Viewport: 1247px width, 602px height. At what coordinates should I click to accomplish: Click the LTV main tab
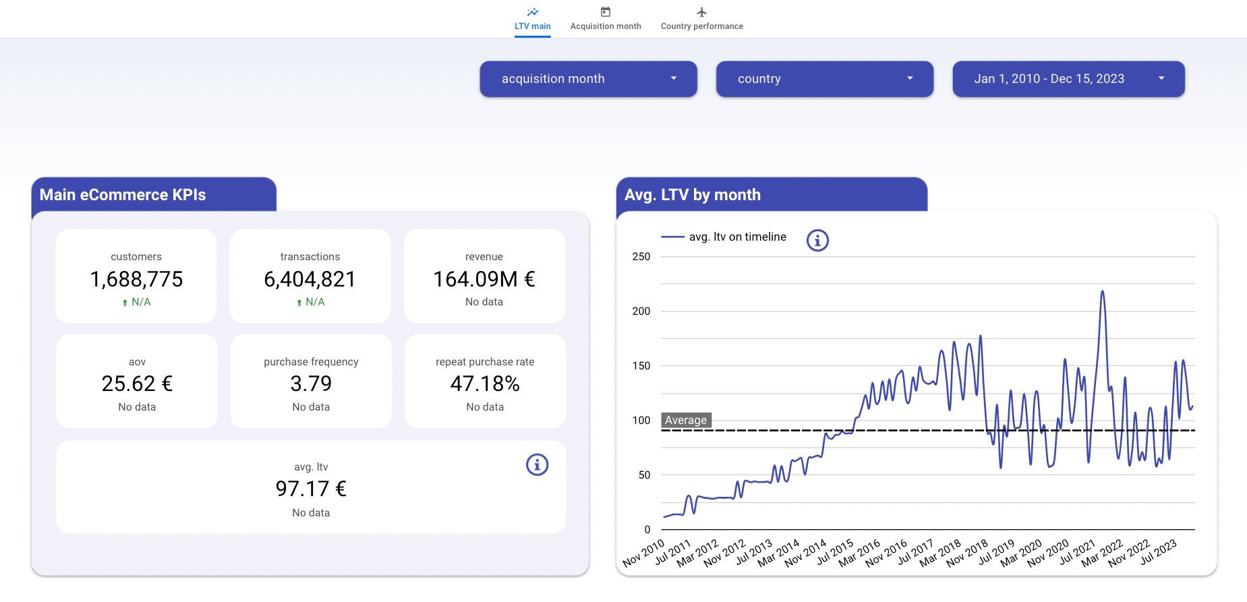point(532,19)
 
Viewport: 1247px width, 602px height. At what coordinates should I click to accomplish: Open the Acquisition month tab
point(605,19)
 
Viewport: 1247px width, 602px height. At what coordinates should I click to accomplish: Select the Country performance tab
point(701,19)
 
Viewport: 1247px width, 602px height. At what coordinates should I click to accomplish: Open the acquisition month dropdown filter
point(588,79)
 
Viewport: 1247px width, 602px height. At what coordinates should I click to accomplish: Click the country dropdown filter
point(824,79)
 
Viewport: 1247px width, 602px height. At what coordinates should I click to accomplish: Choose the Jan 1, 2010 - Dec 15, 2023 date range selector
point(1068,79)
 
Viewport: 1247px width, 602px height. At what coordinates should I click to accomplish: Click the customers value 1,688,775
point(136,279)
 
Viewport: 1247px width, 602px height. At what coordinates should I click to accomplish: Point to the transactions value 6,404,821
point(310,279)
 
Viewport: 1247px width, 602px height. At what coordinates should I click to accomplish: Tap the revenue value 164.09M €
point(484,279)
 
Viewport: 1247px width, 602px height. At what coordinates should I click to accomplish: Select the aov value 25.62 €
point(137,384)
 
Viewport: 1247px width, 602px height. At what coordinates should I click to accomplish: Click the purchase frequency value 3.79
point(311,384)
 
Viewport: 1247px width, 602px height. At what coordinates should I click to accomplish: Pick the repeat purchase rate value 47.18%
point(485,384)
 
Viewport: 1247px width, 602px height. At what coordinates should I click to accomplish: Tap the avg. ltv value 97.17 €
point(311,489)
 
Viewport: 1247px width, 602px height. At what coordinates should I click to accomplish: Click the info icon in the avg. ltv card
point(537,464)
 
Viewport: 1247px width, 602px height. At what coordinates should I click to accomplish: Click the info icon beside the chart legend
point(817,240)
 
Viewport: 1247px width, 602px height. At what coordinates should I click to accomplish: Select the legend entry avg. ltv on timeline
point(737,237)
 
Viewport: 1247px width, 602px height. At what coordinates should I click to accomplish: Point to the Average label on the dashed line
point(686,420)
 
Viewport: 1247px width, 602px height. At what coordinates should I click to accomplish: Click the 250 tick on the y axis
point(641,257)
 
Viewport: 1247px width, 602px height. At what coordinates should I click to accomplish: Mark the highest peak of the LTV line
point(1103,292)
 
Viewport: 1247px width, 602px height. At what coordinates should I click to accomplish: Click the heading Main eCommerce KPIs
point(123,195)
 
